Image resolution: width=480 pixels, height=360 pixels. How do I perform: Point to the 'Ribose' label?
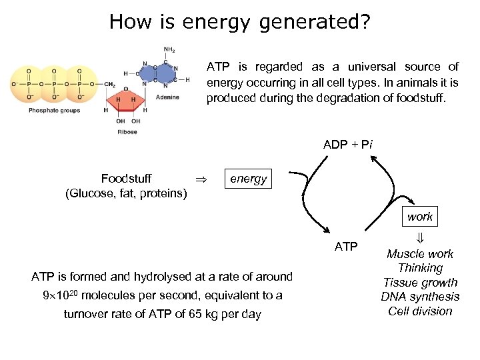127,132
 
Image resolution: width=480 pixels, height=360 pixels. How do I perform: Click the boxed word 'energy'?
248,179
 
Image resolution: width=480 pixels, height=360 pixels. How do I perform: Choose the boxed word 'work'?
420,216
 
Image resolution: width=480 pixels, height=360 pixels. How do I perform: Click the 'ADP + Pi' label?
348,145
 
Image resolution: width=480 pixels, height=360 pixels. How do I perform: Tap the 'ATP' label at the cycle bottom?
346,247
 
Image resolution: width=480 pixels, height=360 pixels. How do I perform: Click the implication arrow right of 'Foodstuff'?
199,179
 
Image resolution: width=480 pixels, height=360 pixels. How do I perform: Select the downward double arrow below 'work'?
420,237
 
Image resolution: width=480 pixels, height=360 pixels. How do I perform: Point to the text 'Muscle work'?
420,254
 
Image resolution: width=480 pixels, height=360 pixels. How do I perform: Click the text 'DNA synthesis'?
420,297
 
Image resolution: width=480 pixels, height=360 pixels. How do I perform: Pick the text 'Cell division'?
420,311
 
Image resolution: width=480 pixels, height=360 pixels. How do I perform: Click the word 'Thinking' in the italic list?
420,268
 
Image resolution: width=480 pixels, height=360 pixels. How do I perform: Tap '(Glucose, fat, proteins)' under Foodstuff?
126,193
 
